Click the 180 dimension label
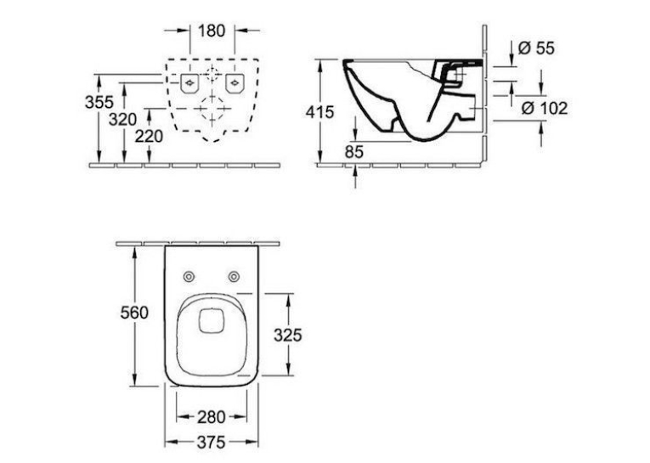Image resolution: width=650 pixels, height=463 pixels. tap(212, 31)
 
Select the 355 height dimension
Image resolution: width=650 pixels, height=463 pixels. tap(99, 102)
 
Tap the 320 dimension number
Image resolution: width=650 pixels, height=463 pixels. tap(122, 120)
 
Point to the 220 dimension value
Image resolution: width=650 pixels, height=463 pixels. tap(149, 136)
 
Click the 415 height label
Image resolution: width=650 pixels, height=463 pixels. tap(319, 112)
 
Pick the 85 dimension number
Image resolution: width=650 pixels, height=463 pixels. tap(354, 152)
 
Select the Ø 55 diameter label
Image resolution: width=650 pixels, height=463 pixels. tap(536, 48)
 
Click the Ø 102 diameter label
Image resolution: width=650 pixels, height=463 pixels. tap(545, 108)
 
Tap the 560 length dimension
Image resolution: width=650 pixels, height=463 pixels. tap(134, 313)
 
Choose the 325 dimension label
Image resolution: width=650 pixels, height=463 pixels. tap(288, 335)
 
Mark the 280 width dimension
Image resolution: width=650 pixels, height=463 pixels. tap(211, 417)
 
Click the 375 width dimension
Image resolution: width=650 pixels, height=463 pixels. tap(211, 443)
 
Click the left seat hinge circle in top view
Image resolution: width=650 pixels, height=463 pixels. tap(189, 276)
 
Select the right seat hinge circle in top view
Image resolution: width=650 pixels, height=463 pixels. tap(235, 276)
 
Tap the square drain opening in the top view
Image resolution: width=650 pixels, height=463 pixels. tap(212, 321)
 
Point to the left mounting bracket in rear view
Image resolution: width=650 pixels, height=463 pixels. tap(189, 83)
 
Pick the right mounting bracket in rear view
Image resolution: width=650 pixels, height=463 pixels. tap(235, 83)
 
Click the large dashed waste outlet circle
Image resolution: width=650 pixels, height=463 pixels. tap(212, 109)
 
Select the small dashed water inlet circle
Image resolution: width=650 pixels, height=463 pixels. tap(212, 74)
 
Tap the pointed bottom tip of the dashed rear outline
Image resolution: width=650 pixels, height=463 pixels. tap(212, 142)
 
